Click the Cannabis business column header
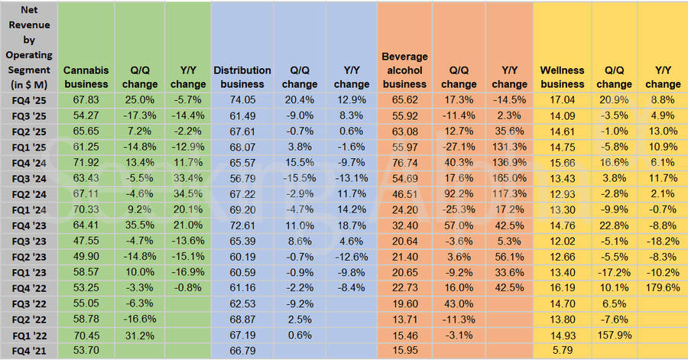(x=86, y=76)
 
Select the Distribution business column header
(x=242, y=76)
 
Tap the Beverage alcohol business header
(x=404, y=70)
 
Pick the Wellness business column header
(x=562, y=76)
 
